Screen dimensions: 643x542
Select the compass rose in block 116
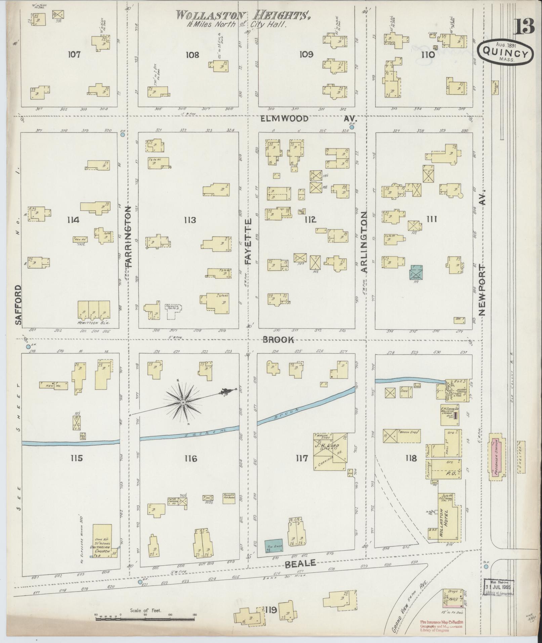(183, 402)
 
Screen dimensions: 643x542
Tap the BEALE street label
(301, 563)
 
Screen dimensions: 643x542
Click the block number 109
(306, 54)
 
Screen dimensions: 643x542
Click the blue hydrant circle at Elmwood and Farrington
(123, 134)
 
